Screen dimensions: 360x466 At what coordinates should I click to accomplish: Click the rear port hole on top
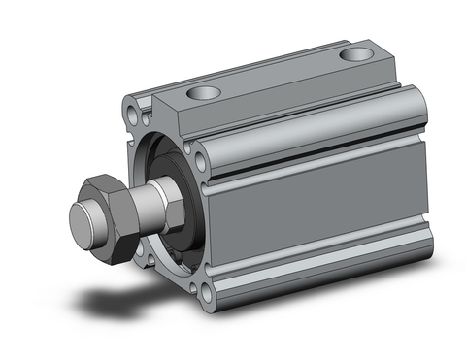[x=360, y=55]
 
